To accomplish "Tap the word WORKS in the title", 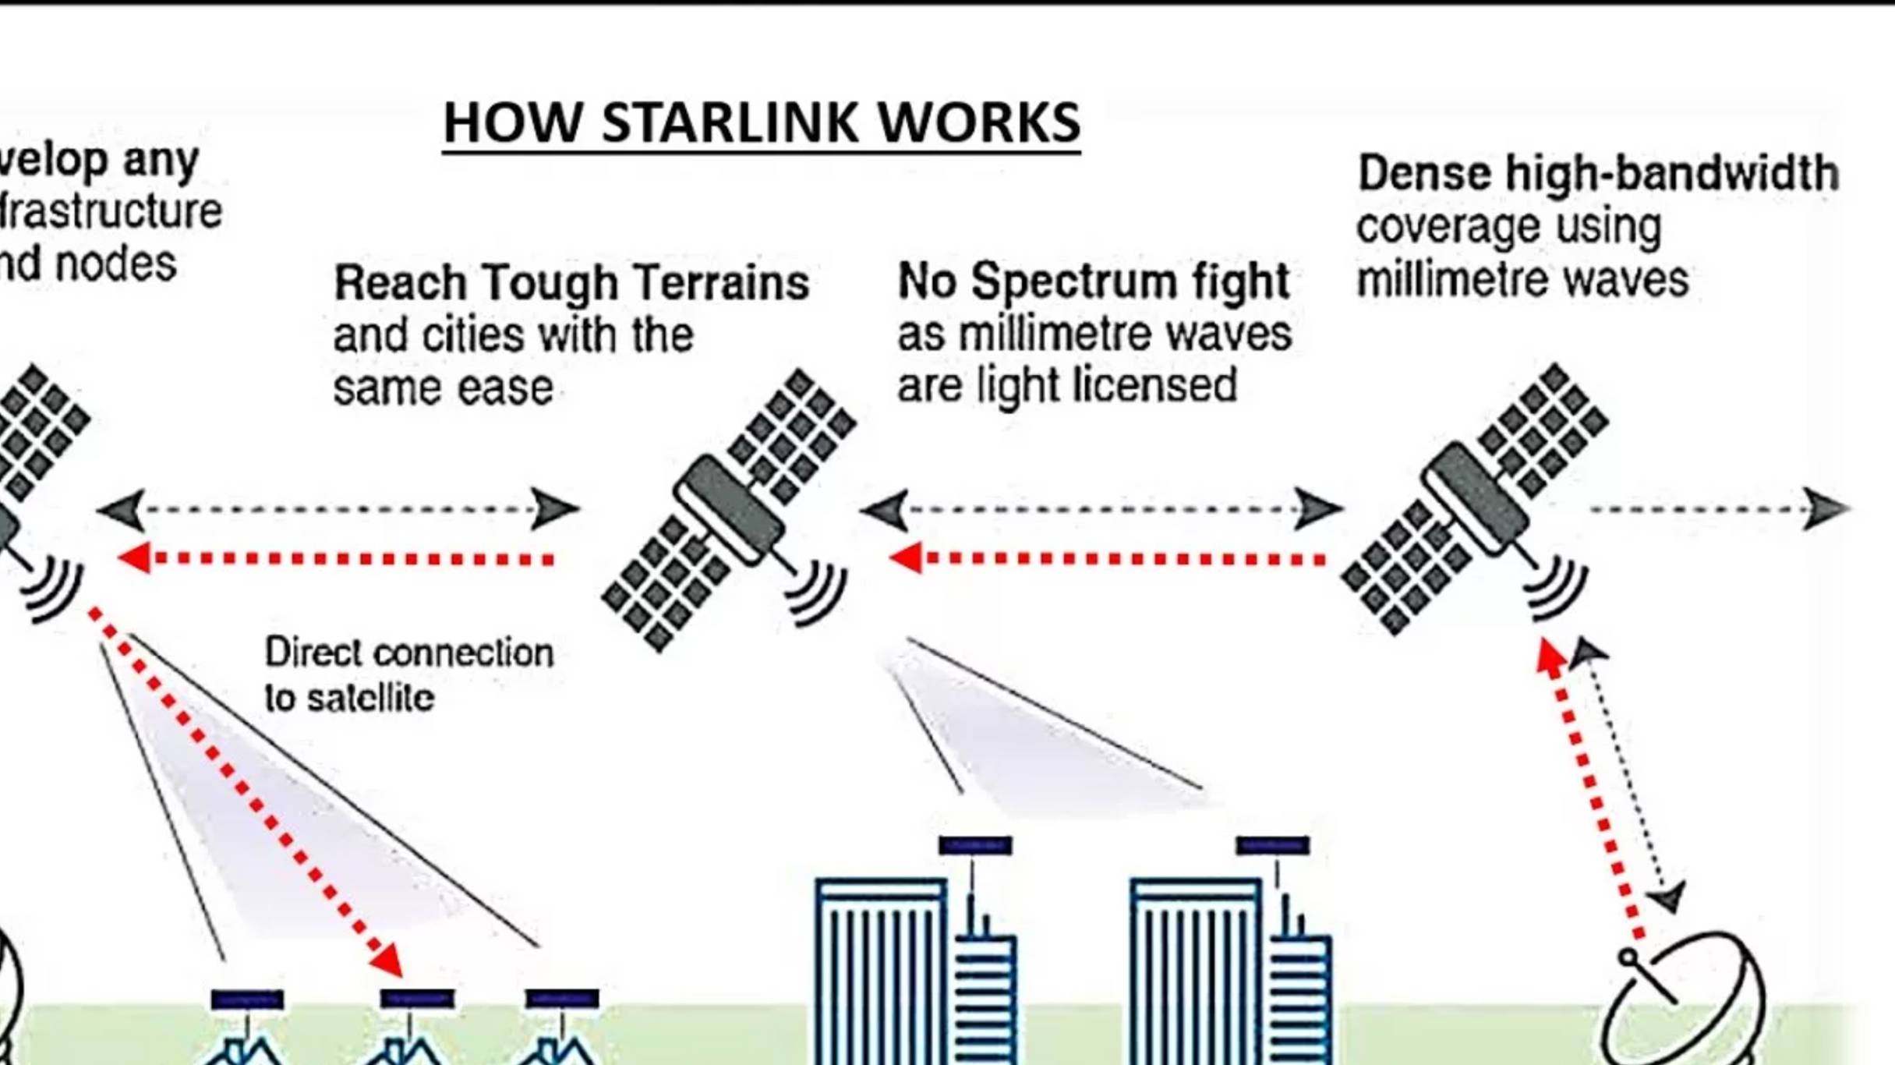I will tap(978, 123).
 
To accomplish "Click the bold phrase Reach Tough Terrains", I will tap(571, 282).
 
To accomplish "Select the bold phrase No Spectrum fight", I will tap(1094, 281).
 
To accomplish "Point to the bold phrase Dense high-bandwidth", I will tap(1598, 173).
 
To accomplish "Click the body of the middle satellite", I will tap(729, 511).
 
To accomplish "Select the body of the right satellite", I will tap(1474, 499).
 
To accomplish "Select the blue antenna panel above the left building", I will tap(974, 846).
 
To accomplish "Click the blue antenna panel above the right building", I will tap(1272, 846).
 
